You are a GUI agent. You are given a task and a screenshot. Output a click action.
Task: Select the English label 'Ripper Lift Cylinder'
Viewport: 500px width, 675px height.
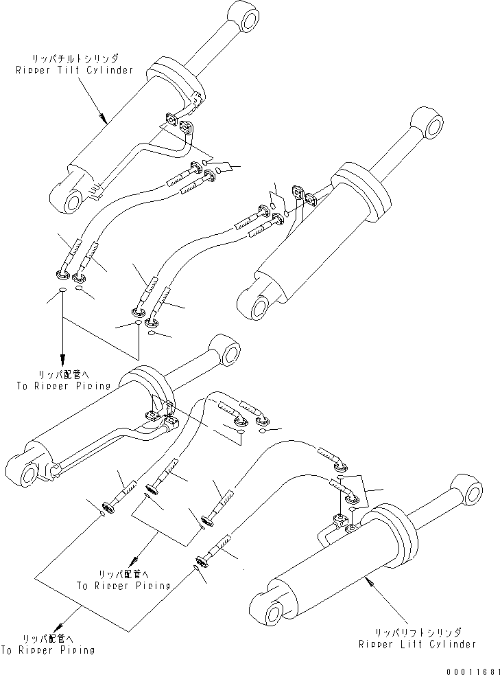coord(417,643)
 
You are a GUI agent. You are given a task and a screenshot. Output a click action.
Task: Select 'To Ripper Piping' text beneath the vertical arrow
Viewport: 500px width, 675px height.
coord(63,386)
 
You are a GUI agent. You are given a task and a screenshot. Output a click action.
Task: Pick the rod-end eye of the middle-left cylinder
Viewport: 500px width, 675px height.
coord(227,352)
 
